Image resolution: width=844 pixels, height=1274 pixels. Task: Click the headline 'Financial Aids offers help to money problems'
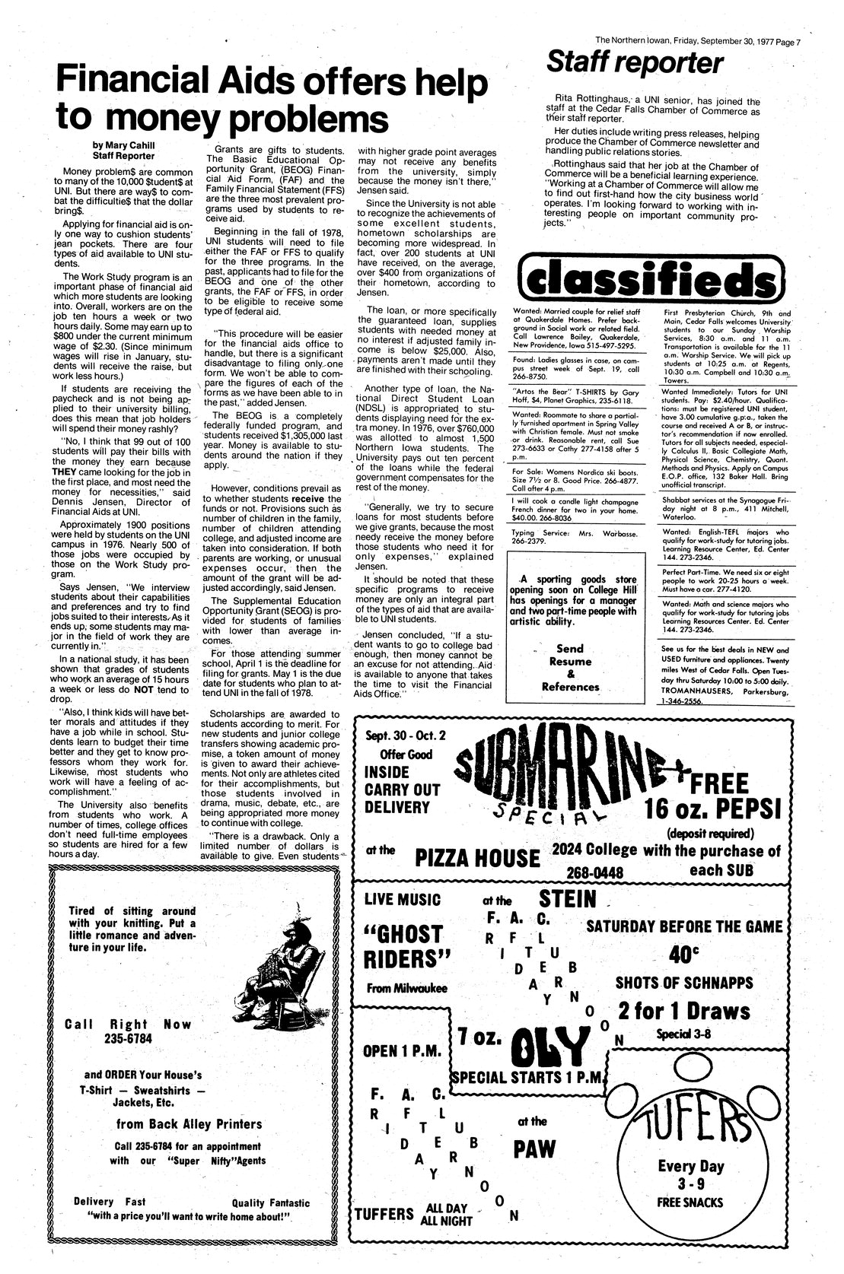click(272, 97)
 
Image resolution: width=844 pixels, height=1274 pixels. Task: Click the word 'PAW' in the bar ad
click(535, 1150)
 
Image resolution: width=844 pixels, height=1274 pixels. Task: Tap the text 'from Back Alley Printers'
click(189, 1123)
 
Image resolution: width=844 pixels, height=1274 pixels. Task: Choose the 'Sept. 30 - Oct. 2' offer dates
click(397, 735)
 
